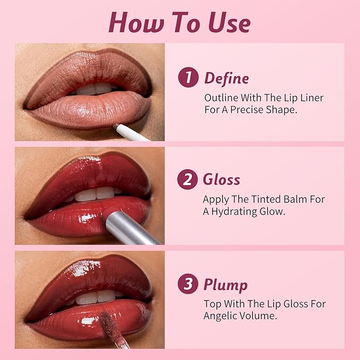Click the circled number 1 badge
188,77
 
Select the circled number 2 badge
187,180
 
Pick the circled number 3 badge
187,284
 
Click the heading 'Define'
226,78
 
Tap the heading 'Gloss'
221,180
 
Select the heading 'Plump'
225,285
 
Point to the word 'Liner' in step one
311,98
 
